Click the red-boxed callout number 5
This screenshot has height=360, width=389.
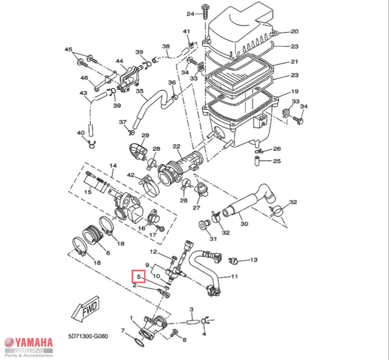point(138,277)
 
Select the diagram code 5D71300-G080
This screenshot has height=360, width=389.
point(88,335)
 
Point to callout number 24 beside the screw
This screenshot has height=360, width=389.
point(190,13)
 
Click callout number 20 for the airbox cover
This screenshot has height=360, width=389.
point(294,32)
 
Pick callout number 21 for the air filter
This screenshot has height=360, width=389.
point(294,62)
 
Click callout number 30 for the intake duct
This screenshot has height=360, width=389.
point(244,224)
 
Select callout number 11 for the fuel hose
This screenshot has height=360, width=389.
point(234,276)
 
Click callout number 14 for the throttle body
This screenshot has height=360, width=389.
point(113,166)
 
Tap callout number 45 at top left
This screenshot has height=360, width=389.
point(68,49)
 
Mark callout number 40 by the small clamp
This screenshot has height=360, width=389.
point(80,133)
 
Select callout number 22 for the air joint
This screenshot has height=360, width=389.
point(176,147)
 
